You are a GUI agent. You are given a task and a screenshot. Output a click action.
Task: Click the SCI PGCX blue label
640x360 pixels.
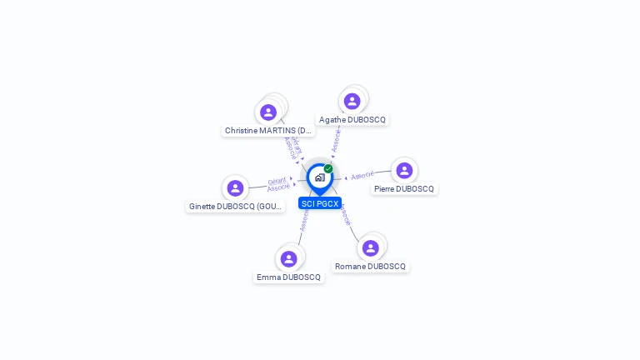click(320, 203)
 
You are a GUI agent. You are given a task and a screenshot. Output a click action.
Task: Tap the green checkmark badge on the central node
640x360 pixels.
click(328, 168)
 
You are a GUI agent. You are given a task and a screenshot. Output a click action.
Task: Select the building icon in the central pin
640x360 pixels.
click(319, 177)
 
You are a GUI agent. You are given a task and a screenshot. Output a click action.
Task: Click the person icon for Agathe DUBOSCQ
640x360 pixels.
click(352, 101)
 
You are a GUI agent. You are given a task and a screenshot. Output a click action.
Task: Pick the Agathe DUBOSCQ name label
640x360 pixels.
click(352, 120)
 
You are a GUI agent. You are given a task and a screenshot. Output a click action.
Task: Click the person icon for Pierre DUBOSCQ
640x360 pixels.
click(404, 170)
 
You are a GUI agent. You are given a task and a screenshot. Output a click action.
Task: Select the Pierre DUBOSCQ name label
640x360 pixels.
click(404, 189)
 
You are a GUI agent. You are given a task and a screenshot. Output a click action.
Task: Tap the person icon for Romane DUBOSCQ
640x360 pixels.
click(371, 247)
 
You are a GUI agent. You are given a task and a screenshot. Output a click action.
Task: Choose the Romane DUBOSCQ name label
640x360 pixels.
click(371, 267)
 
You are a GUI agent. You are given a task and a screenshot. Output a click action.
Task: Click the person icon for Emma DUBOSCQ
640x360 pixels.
click(288, 258)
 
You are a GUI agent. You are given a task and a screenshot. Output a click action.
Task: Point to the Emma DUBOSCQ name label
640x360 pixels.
click(288, 277)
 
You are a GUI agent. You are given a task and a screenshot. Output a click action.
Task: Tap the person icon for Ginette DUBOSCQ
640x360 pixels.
click(235, 187)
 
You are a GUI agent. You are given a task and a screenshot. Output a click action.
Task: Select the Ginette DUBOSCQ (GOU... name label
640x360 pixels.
click(237, 207)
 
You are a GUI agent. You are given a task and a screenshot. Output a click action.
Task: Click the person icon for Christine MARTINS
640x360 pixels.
click(268, 112)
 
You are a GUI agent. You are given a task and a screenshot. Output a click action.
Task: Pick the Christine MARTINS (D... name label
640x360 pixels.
click(269, 131)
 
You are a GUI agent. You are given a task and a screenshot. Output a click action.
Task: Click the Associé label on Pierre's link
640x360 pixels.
click(362, 176)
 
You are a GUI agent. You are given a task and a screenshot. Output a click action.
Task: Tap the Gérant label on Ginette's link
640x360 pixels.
click(277, 180)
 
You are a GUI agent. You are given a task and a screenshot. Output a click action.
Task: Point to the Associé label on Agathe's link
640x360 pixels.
click(336, 140)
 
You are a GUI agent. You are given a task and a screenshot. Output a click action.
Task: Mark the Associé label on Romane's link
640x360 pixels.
click(345, 215)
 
